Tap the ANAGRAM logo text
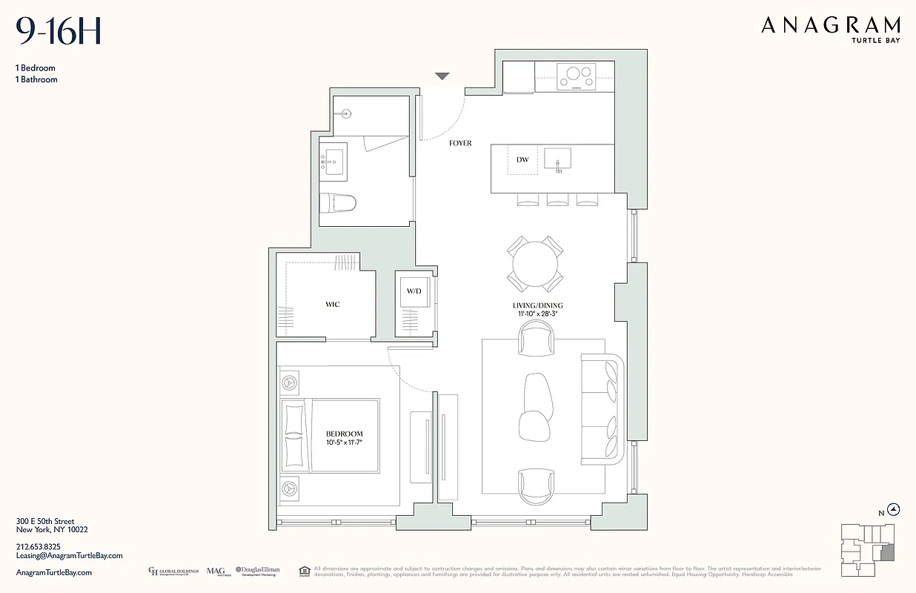coord(831,26)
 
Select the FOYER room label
coord(460,143)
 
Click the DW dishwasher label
coord(522,159)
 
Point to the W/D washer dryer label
coord(414,291)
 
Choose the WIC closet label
coord(333,305)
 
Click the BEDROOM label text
coord(345,434)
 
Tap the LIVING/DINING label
coord(538,305)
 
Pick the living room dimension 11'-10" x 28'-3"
coord(538,314)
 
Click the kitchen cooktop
coord(577,76)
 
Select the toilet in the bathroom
coord(338,202)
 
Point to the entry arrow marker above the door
coord(442,76)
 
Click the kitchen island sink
coord(557,159)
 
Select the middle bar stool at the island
coord(557,199)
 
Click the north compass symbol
coord(895,509)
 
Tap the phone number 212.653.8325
coord(39,546)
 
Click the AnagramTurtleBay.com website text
coord(54,572)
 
